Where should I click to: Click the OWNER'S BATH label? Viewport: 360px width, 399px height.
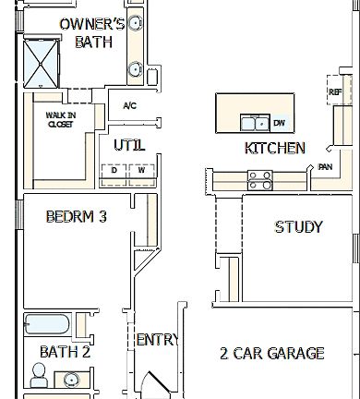[91, 32]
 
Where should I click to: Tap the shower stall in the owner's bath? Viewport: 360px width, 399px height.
[42, 62]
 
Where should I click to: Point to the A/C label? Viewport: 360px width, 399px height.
[129, 106]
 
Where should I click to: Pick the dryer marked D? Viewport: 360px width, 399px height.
[114, 171]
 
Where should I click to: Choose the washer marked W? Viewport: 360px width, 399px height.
[141, 171]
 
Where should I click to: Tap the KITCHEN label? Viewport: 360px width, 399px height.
[274, 149]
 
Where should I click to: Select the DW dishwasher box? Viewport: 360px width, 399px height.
[279, 122]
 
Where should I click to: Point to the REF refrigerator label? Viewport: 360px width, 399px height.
[334, 92]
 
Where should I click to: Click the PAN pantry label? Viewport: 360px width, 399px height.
[325, 167]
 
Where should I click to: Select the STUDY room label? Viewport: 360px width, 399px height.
[298, 227]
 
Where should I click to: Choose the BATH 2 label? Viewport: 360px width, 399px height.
[65, 352]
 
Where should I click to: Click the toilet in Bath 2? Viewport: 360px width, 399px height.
[39, 374]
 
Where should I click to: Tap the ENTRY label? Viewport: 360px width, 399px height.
[156, 340]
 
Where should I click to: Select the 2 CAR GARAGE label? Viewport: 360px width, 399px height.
[271, 353]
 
